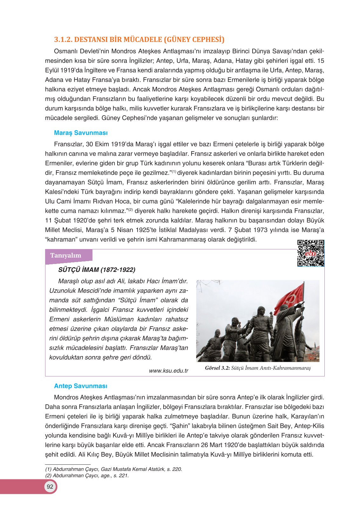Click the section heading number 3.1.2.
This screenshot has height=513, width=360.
(63, 40)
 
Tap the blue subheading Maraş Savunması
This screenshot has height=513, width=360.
(81, 133)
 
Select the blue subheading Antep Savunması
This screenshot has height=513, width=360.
(81, 386)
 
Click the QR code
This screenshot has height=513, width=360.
(310, 253)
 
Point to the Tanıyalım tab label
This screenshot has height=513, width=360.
(66, 255)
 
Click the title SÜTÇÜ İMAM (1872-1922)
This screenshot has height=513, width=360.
(97, 270)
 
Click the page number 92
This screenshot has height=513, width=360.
(50, 487)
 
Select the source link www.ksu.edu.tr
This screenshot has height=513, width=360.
(168, 371)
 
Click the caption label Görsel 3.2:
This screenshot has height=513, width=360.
(217, 368)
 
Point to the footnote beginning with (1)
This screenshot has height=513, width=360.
(113, 469)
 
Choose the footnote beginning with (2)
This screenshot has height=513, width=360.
(87, 476)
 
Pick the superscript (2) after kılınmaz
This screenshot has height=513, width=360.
(130, 210)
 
